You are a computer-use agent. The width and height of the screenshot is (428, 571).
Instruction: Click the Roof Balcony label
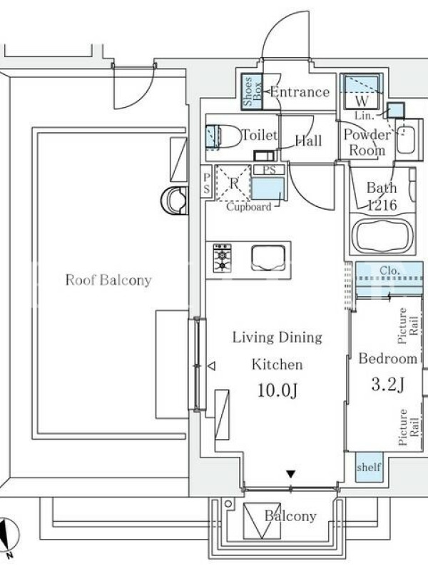[x=108, y=280]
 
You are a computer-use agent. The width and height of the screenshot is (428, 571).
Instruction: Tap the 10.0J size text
[x=277, y=390]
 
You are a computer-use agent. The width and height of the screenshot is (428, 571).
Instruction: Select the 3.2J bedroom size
[x=388, y=385]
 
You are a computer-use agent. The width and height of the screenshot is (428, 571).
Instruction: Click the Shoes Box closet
[x=253, y=91]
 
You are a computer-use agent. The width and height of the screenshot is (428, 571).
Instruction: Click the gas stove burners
[x=222, y=258]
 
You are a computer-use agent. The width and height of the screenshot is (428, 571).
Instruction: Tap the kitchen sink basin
[x=268, y=258]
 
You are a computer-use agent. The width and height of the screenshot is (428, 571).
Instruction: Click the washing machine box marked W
[x=362, y=91]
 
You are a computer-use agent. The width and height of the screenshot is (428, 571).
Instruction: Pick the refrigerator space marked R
[x=233, y=183]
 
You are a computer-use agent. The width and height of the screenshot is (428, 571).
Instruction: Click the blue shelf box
[x=369, y=468]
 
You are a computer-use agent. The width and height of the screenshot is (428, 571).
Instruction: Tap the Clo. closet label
[x=389, y=271]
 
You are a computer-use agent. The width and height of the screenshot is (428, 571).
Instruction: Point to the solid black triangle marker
[x=290, y=474]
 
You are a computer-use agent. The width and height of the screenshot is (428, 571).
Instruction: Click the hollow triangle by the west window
[x=211, y=365]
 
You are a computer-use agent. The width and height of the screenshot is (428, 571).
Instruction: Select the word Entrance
[x=300, y=92]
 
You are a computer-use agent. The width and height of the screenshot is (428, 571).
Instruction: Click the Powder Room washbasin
[x=406, y=140]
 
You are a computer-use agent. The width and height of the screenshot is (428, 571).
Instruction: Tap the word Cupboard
[x=249, y=207]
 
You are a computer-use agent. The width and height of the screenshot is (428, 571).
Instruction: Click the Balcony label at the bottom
[x=290, y=515]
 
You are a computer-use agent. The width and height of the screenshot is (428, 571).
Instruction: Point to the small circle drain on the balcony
[x=228, y=504]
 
